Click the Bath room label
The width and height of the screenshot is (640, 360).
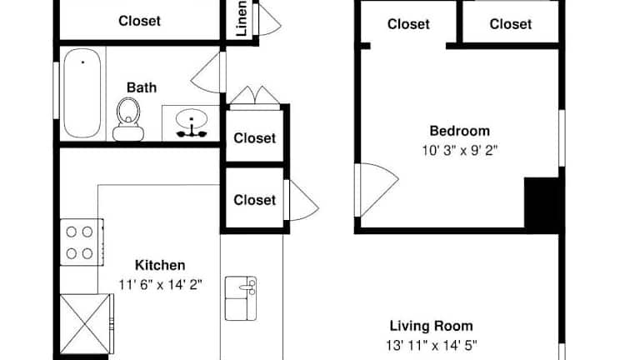coord(142,87)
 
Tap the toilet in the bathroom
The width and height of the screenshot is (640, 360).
coord(128,119)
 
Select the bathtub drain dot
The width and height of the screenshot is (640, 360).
coord(82,62)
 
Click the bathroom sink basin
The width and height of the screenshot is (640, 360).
coord(192,119)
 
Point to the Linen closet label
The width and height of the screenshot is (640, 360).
coord(242,18)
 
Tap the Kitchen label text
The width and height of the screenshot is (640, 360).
coord(160,265)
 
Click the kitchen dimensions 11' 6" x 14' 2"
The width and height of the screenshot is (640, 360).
coord(160,284)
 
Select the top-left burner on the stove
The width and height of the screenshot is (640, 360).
coord(72,232)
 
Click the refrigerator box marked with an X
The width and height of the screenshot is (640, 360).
coord(85,324)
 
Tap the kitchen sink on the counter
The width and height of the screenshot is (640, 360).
coord(241,298)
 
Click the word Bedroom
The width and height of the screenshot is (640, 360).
coord(460,131)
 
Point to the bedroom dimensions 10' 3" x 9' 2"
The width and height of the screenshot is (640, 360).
coord(460,150)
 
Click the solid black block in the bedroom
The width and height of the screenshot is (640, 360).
coord(541,205)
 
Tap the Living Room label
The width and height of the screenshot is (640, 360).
coord(432,326)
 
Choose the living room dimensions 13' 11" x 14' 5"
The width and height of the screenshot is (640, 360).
coord(432,345)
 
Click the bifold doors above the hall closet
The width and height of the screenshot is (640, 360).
coord(255,97)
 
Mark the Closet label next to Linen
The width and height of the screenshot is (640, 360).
coord(140,21)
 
